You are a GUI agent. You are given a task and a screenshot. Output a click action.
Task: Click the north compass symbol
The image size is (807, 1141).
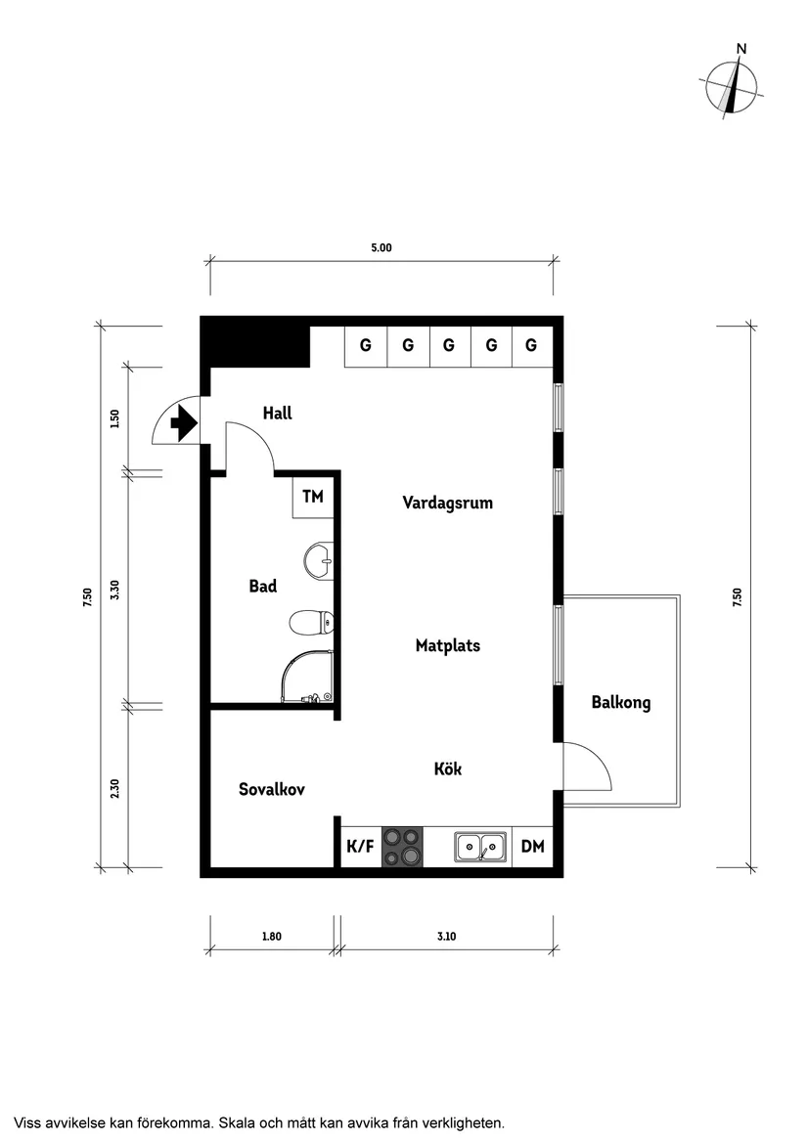731,86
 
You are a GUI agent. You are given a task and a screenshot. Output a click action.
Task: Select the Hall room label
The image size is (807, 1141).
277,414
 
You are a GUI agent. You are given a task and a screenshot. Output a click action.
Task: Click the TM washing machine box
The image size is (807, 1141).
313,498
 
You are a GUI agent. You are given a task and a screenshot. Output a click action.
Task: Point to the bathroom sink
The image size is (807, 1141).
318,561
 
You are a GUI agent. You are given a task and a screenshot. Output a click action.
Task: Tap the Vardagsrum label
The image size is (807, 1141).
447,503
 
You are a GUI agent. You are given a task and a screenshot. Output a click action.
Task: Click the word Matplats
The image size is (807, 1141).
447,646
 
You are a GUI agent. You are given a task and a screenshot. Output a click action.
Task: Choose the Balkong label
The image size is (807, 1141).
620,702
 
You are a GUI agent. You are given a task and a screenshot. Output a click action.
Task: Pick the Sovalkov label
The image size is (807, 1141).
272,789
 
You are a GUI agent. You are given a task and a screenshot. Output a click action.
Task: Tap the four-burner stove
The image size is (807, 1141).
403,847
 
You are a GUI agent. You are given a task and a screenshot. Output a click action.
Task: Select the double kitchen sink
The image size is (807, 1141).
480,847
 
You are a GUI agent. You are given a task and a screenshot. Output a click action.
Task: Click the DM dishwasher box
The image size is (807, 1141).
532,847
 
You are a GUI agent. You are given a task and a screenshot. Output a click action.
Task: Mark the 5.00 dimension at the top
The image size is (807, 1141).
381,248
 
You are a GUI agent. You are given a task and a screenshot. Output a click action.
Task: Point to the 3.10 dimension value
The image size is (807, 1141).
446,937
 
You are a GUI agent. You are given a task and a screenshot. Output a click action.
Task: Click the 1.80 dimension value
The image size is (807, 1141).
271,937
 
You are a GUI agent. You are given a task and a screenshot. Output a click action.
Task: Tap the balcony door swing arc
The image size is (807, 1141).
590,766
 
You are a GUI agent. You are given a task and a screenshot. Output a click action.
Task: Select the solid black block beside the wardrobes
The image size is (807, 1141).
254,343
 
